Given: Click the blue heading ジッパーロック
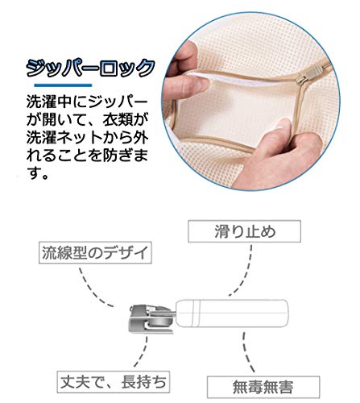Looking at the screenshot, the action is [90, 68].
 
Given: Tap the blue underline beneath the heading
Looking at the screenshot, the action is [63, 85].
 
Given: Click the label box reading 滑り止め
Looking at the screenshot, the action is [244, 231].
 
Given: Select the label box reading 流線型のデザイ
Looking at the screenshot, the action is [95, 252].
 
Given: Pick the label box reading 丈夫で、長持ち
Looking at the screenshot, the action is [114, 382].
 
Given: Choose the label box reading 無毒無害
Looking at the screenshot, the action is [263, 387].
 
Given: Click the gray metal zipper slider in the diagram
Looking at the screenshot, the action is [151, 319].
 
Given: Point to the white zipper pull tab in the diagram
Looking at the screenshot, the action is [232, 314].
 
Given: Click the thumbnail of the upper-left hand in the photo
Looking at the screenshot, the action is [200, 84].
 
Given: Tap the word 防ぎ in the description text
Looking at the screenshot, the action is [118, 156].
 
